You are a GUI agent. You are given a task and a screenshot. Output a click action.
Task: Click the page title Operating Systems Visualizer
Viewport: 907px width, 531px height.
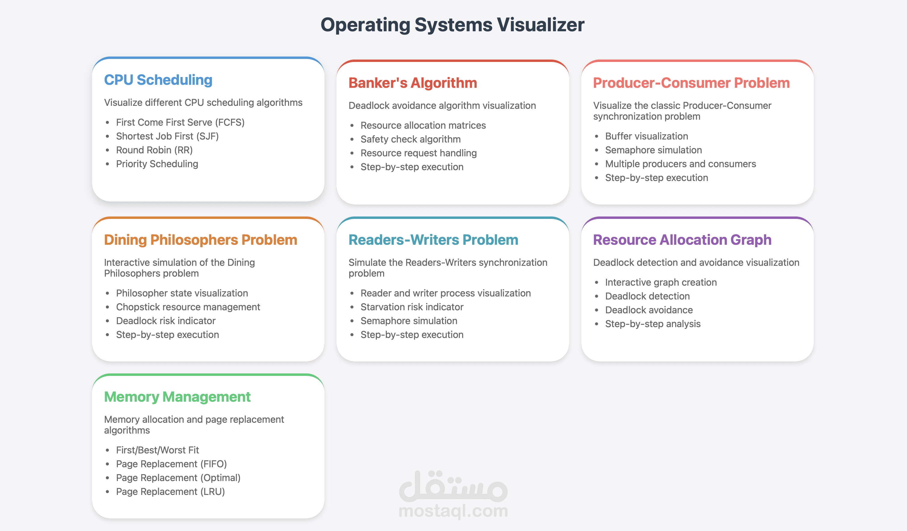click(x=452, y=25)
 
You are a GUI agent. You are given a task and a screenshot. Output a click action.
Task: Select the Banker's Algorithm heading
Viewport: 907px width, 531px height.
click(x=413, y=83)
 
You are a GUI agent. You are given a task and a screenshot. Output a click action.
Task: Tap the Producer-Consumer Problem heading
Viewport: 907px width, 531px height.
click(x=691, y=83)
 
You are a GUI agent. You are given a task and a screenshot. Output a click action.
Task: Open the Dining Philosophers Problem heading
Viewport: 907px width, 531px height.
click(x=201, y=240)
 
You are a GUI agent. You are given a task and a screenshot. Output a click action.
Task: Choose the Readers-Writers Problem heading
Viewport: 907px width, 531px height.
click(x=433, y=240)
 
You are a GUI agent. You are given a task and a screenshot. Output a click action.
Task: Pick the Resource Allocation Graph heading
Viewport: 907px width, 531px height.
click(x=682, y=240)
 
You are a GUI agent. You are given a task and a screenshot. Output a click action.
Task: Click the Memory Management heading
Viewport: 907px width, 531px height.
click(x=177, y=397)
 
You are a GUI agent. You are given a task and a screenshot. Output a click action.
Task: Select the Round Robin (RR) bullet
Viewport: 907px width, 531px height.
click(x=154, y=150)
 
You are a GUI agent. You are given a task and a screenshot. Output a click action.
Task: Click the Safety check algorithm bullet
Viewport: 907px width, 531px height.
click(x=410, y=139)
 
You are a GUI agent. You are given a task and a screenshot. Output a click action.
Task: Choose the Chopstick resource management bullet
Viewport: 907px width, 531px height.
click(x=188, y=307)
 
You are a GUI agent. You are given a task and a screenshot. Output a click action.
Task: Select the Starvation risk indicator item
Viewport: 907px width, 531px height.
click(x=412, y=307)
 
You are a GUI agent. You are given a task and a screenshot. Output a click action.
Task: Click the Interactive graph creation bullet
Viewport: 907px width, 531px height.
click(x=660, y=282)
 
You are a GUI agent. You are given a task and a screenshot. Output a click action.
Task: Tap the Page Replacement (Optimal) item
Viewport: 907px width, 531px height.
click(x=178, y=478)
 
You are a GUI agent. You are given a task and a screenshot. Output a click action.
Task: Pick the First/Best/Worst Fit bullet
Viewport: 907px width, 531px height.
click(x=157, y=450)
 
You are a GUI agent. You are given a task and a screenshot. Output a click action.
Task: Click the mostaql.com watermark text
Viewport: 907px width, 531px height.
click(x=453, y=511)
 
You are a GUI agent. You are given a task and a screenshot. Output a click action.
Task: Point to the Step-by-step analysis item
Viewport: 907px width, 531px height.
click(x=653, y=324)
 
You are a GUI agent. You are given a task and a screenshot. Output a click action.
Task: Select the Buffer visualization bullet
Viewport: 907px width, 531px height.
click(x=646, y=136)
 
